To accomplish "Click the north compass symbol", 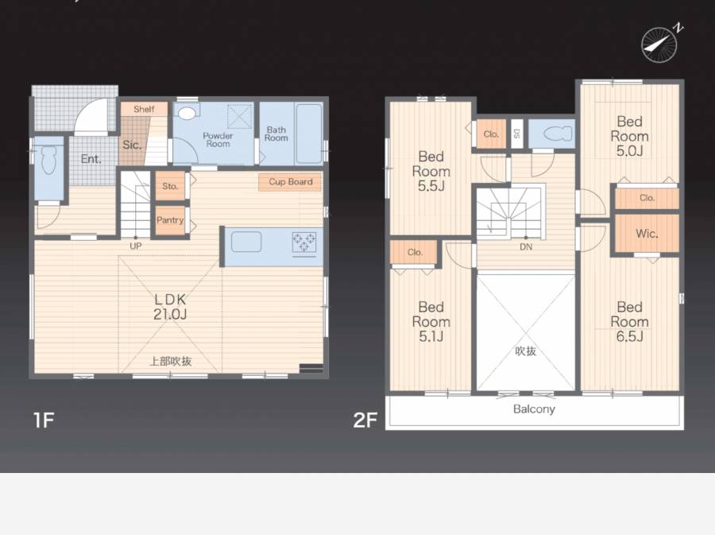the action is pyautogui.click(x=659, y=45).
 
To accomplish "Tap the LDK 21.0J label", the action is pyautogui.click(x=170, y=307).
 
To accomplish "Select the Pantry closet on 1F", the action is pyautogui.click(x=170, y=220).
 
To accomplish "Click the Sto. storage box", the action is pyautogui.click(x=170, y=186).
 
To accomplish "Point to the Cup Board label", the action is pyautogui.click(x=291, y=181).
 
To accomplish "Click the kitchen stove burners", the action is pyautogui.click(x=304, y=242).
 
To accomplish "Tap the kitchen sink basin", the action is pyautogui.click(x=246, y=242).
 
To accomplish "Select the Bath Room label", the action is pyautogui.click(x=276, y=134).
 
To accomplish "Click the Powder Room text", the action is pyautogui.click(x=218, y=140).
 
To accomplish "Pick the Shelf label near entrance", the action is pyautogui.click(x=144, y=109).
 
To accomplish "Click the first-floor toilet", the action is pyautogui.click(x=48, y=160).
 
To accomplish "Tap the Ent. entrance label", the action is pyautogui.click(x=91, y=159).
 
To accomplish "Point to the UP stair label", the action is pyautogui.click(x=135, y=246).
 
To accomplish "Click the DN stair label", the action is pyautogui.click(x=526, y=246).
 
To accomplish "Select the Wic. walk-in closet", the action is pyautogui.click(x=647, y=234).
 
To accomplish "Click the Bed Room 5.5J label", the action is pyautogui.click(x=431, y=171).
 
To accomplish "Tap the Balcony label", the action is pyautogui.click(x=534, y=409).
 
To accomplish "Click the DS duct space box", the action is pyautogui.click(x=516, y=134).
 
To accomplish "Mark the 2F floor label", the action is pyautogui.click(x=365, y=420).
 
